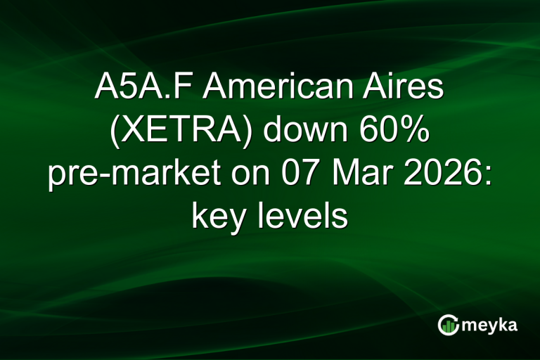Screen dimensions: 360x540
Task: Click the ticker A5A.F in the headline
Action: pyautogui.click(x=139, y=91)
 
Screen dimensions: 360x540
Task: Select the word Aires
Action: pyautogui.click(x=406, y=91)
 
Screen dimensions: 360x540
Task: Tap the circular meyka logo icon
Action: pyautogui.click(x=448, y=324)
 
